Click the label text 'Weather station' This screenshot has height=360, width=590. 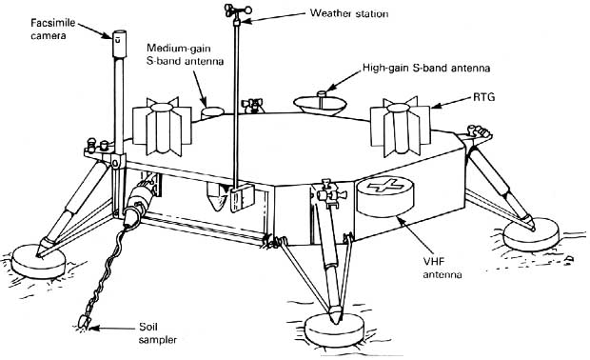click(349, 13)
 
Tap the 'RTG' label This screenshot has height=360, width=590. click(483, 97)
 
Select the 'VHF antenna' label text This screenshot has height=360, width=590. click(442, 268)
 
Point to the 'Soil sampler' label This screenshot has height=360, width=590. click(158, 333)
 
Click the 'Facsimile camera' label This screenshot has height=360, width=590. click(52, 30)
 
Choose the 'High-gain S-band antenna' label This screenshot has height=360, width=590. click(426, 69)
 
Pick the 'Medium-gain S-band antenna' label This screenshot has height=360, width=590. click(185, 54)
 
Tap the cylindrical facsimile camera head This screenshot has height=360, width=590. click(119, 43)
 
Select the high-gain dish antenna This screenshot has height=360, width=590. click(320, 103)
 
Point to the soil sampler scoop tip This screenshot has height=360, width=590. click(83, 321)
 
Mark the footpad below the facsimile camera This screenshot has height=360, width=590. click(38, 261)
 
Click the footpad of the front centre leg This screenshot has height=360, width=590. click(334, 330)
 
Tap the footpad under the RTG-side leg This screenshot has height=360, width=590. click(531, 235)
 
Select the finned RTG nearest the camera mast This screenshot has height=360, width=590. click(162, 126)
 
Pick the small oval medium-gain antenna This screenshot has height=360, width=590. click(212, 112)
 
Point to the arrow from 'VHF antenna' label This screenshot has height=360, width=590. click(415, 234)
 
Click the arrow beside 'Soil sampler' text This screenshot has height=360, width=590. click(111, 328)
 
